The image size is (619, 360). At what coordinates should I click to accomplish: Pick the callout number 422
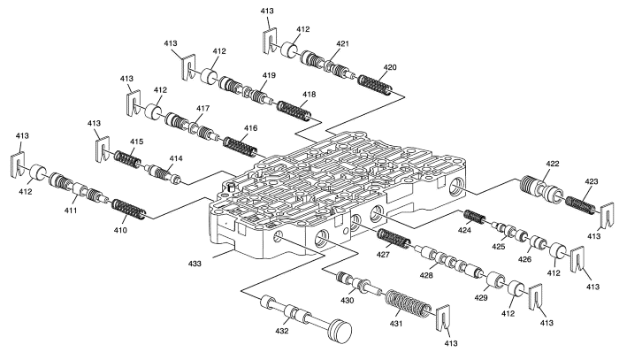click(554, 165)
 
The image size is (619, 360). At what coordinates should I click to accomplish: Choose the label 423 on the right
click(592, 184)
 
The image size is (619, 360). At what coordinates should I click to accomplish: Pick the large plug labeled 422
click(539, 191)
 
